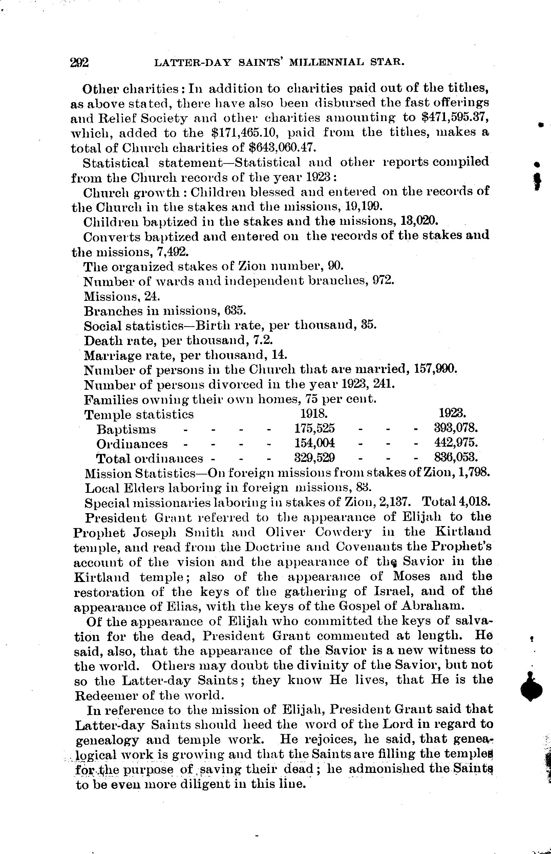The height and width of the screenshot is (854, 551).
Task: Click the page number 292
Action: coord(80,63)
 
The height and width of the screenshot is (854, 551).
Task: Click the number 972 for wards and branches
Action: coord(383,280)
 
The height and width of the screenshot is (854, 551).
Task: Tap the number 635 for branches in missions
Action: coord(235,310)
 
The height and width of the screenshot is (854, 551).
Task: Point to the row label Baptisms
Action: coord(126,429)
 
